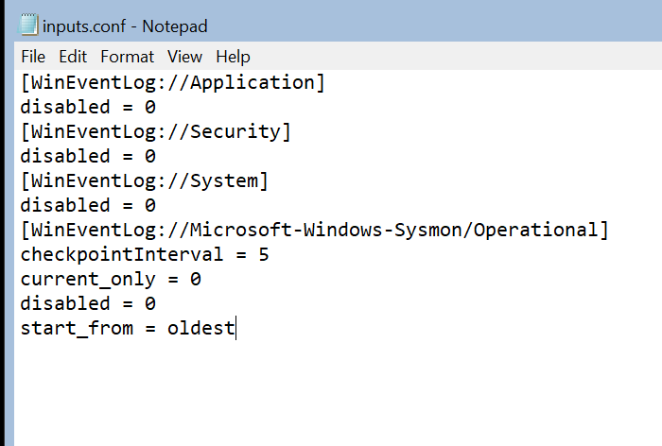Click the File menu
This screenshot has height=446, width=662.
point(33,57)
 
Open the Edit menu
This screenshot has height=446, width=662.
point(73,57)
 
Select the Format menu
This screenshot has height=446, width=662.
point(127,57)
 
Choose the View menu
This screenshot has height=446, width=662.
point(185,57)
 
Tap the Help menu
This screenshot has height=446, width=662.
point(233,57)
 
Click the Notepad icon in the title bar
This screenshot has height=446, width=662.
point(29,25)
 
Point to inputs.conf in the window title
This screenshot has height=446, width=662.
point(79,26)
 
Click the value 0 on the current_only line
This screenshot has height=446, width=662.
point(194,279)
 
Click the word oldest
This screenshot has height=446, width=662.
point(200,328)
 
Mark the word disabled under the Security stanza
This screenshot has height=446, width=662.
point(64,156)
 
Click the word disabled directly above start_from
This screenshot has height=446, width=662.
point(64,303)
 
